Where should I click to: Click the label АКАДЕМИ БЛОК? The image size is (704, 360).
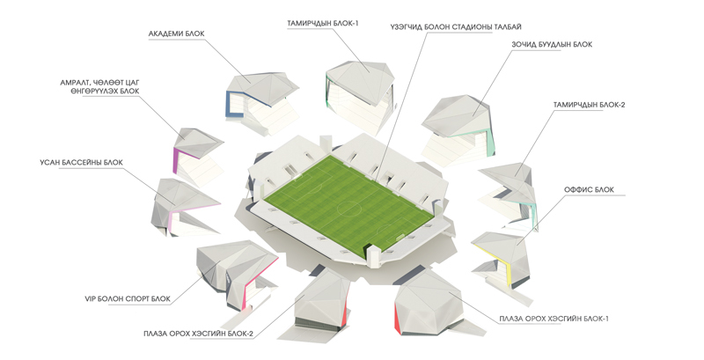(177, 33)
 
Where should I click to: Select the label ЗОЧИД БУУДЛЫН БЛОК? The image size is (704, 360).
(552, 45)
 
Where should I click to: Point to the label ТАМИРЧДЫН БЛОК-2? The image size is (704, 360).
(589, 105)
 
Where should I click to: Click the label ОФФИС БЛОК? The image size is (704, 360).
(589, 190)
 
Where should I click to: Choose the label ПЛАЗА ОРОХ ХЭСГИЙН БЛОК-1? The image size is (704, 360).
(554, 319)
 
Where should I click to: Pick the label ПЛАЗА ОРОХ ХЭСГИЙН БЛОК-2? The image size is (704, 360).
(199, 334)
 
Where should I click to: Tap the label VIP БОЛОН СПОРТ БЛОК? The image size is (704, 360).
(128, 298)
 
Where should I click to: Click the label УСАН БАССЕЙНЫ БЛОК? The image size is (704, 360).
(81, 163)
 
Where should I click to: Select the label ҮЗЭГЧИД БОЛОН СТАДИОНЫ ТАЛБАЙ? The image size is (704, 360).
(456, 27)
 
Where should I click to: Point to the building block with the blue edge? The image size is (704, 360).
(262, 102)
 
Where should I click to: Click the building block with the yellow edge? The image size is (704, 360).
(501, 259)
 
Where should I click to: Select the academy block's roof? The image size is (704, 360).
(262, 86)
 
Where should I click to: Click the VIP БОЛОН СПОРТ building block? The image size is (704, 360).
(237, 275)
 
